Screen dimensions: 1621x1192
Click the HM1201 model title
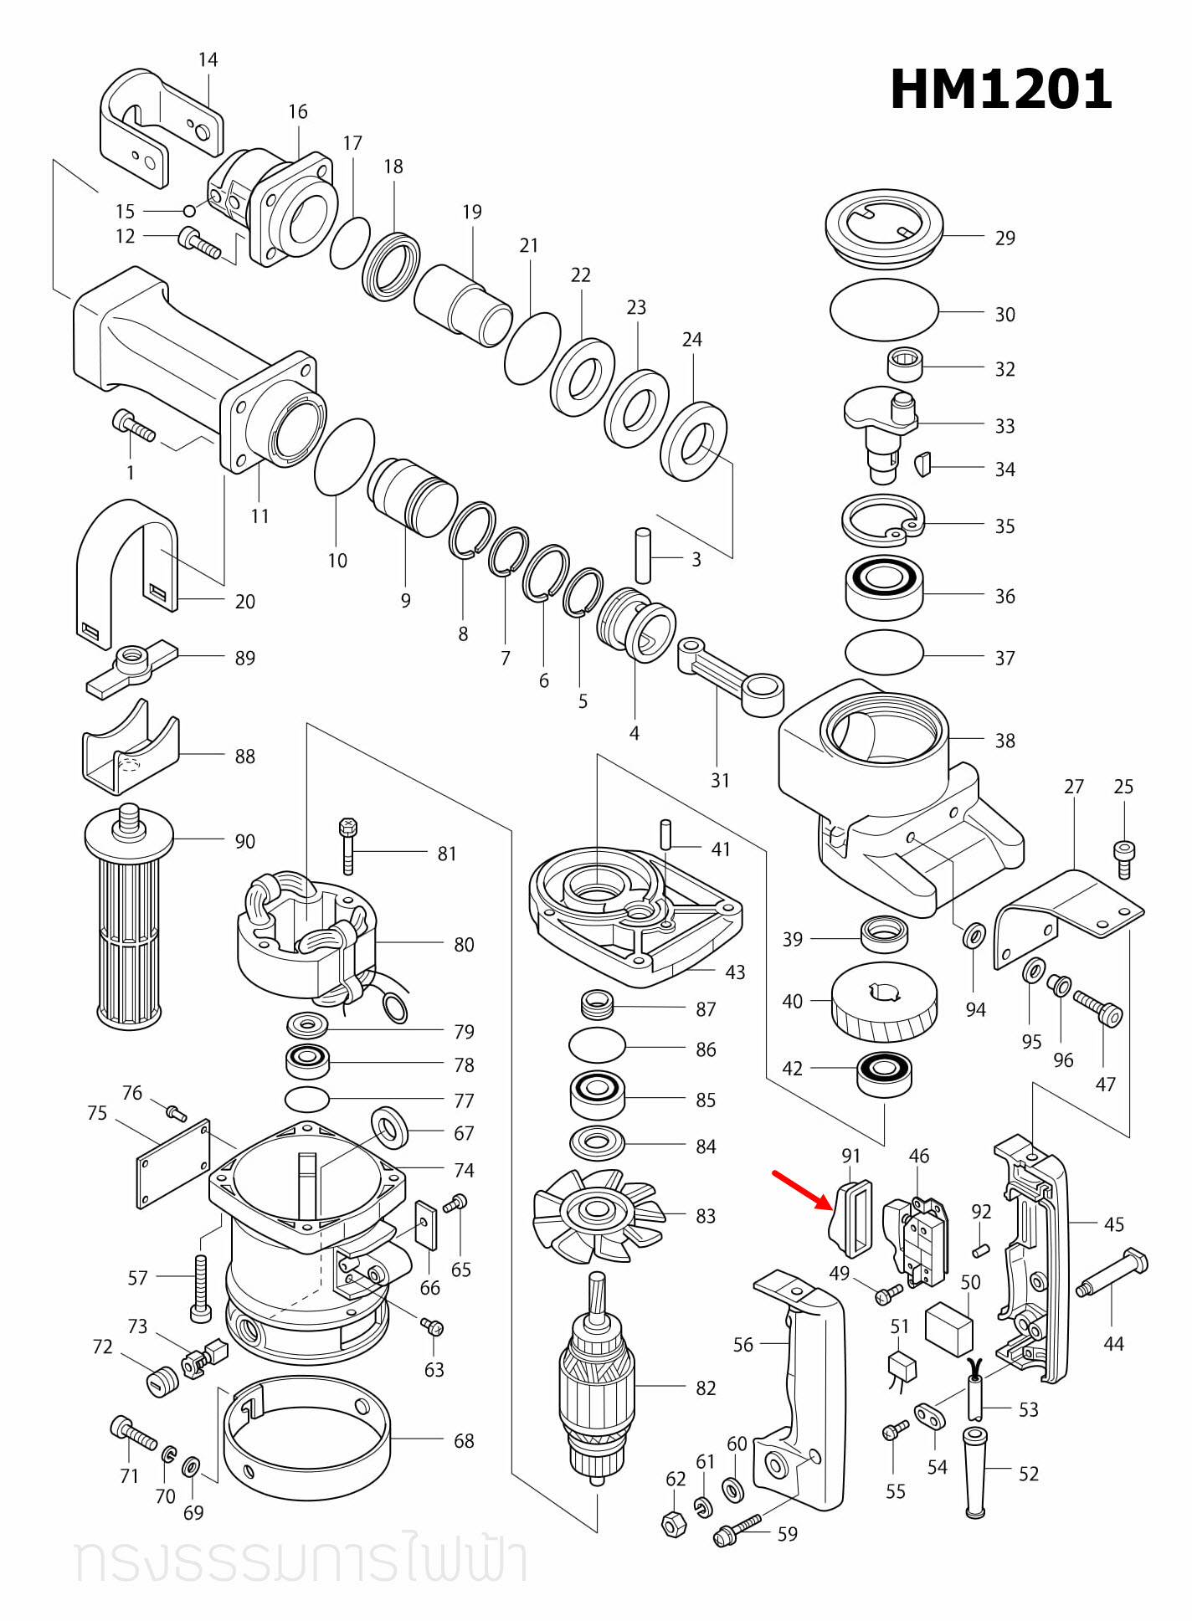coord(1000,90)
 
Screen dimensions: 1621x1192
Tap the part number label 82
coord(706,1388)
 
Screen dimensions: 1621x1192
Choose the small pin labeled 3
coord(643,555)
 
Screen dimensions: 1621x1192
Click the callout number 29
coord(1004,239)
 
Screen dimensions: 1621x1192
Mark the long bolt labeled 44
coord(1112,1275)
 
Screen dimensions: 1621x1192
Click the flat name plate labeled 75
coord(173,1164)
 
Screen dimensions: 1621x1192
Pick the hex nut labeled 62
coord(675,1524)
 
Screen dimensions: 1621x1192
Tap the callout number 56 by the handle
coord(742,1345)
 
